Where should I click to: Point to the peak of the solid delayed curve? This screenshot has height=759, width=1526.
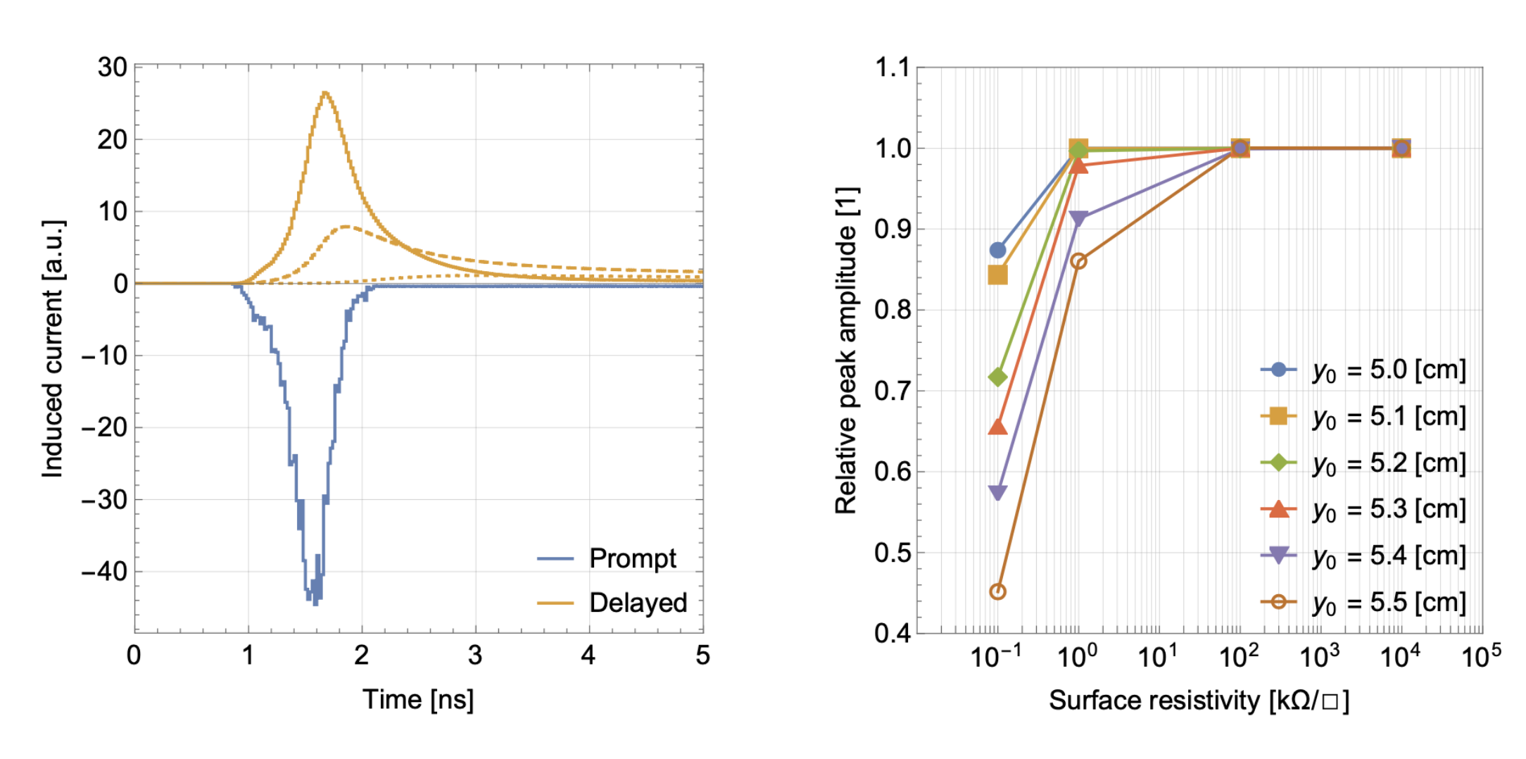pos(325,92)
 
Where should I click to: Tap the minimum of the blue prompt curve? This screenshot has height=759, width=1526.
pos(315,603)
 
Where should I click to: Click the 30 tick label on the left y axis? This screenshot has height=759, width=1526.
pos(113,68)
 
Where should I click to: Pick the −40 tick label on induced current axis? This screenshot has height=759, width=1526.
pos(105,571)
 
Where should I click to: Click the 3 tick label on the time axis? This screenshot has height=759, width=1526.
pos(475,655)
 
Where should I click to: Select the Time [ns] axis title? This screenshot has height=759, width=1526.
pos(418,699)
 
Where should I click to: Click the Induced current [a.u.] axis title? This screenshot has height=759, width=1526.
pos(53,349)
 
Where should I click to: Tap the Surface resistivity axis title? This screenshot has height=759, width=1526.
pos(1199,700)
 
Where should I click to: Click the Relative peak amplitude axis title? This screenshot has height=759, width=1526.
pos(846,350)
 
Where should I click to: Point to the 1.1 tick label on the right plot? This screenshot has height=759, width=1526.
pos(892,68)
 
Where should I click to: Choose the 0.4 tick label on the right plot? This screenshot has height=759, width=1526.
pos(892,633)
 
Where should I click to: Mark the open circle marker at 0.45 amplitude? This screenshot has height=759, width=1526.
pos(997,591)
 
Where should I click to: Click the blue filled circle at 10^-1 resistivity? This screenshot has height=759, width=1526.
pos(997,250)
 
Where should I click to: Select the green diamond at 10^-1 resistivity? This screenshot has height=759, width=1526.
pos(997,377)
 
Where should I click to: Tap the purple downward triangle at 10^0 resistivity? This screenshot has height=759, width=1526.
pos(1078,219)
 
